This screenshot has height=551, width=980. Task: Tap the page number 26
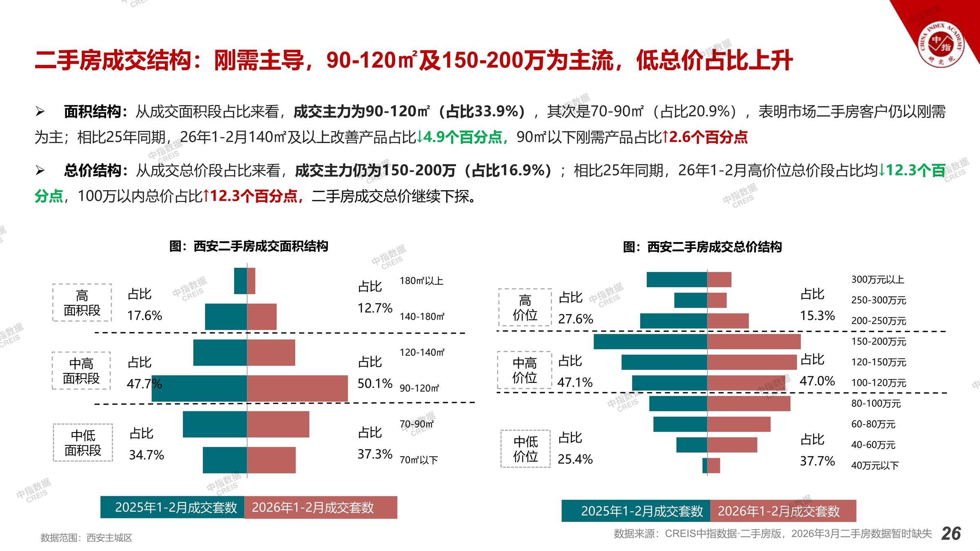tap(951, 533)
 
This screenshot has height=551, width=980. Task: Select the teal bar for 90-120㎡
tap(199, 389)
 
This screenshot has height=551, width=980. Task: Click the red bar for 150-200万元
tap(754, 342)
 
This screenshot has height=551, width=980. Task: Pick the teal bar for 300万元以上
tap(677, 280)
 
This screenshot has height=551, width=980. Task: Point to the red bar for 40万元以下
tap(714, 465)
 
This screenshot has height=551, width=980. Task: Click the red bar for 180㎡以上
tap(251, 281)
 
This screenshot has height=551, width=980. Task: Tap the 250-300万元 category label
tap(878, 300)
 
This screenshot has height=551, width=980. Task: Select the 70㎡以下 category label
tap(419, 460)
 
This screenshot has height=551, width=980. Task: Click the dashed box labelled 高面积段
tap(82, 303)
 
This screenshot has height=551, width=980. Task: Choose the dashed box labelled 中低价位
tap(526, 449)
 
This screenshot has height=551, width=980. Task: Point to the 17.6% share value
tap(145, 315)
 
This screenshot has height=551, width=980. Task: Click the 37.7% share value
tap(817, 461)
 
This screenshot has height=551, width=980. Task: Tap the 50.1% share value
tap(375, 383)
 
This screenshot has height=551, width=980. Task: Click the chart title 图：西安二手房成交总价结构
tap(702, 247)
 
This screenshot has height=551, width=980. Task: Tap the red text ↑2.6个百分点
tap(704, 137)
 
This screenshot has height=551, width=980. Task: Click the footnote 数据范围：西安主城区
tap(87, 538)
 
